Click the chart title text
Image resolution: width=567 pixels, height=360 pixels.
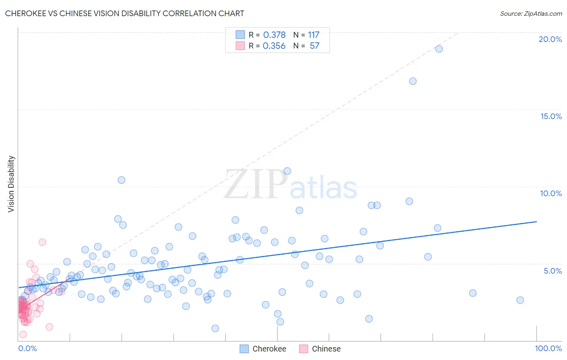pyautogui.click(x=125, y=13)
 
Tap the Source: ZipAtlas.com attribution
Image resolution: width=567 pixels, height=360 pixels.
pyautogui.click(x=531, y=13)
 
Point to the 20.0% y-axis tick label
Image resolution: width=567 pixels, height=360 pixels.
pyautogui.click(x=550, y=39)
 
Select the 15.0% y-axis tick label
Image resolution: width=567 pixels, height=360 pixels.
pyautogui.click(x=551, y=116)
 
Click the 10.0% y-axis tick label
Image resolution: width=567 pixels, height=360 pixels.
pyautogui.click(x=551, y=193)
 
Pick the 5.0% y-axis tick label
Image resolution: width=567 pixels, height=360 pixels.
pyautogui.click(x=552, y=271)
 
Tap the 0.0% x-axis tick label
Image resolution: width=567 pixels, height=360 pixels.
pyautogui.click(x=27, y=348)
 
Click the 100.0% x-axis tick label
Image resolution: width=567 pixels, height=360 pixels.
pyautogui.click(x=548, y=348)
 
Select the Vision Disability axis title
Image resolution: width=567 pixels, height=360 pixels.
pyautogui.click(x=11, y=184)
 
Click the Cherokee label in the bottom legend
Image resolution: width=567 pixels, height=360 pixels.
pyautogui.click(x=269, y=349)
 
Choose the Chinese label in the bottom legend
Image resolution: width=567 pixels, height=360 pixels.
pyautogui.click(x=326, y=349)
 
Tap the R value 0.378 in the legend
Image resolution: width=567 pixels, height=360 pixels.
pyautogui.click(x=274, y=35)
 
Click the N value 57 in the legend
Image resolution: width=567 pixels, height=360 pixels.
pyautogui.click(x=315, y=46)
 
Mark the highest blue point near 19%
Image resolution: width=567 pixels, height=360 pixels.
pyautogui.click(x=439, y=49)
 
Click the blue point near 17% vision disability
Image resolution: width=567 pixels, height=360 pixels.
pyautogui.click(x=413, y=81)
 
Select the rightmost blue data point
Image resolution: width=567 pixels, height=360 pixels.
pyautogui.click(x=520, y=300)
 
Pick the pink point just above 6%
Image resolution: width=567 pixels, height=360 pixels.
pyautogui.click(x=42, y=242)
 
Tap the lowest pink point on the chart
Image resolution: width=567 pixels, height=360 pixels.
pyautogui.click(x=23, y=334)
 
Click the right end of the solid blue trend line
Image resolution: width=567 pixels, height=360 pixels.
pyautogui.click(x=536, y=222)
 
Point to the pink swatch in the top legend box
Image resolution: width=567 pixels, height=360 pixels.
pyautogui.click(x=240, y=46)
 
